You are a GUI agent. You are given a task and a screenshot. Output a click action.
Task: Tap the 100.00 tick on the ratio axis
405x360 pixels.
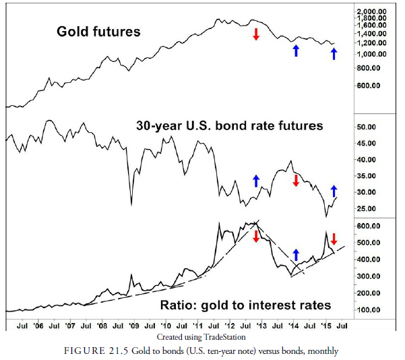370,310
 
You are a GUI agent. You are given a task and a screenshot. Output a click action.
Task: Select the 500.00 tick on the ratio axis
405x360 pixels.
370,243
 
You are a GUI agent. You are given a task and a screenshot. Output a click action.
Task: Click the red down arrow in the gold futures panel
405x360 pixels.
256,34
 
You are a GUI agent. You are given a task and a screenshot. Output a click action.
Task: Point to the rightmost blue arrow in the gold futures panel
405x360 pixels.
334,53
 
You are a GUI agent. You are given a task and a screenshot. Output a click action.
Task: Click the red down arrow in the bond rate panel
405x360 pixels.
295,181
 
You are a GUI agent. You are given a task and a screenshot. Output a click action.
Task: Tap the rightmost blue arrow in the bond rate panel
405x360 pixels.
334,191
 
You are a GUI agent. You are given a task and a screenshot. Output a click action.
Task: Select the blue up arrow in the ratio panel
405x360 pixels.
296,255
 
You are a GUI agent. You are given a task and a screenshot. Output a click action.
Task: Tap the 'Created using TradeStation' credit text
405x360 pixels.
201,336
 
